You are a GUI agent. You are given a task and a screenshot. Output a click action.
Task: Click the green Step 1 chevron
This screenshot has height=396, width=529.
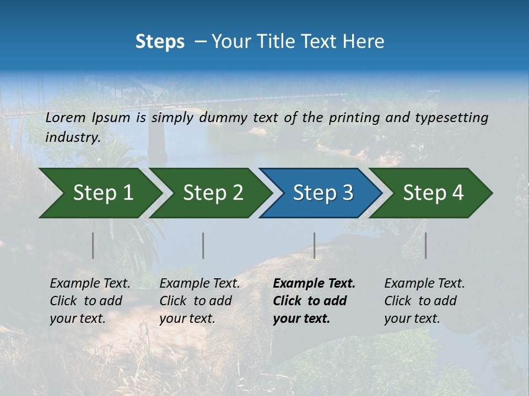click(x=102, y=193)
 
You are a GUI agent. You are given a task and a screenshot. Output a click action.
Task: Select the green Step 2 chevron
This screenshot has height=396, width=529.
click(x=213, y=193)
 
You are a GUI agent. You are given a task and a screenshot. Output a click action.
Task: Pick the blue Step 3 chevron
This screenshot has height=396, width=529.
click(x=322, y=193)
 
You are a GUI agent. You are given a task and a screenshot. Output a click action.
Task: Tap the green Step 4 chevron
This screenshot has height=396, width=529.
click(x=433, y=193)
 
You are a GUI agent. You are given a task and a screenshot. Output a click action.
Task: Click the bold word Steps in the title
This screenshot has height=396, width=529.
click(x=160, y=42)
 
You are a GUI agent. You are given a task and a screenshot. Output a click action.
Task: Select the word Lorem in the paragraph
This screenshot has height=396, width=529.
click(x=65, y=118)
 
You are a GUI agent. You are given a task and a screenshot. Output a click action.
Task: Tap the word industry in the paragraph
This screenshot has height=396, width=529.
click(x=72, y=137)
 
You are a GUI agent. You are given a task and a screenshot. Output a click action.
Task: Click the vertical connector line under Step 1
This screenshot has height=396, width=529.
click(x=93, y=245)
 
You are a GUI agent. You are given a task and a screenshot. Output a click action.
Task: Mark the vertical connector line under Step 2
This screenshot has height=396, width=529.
click(x=203, y=245)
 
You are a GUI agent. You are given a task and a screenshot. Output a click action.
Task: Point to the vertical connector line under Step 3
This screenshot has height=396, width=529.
click(x=314, y=245)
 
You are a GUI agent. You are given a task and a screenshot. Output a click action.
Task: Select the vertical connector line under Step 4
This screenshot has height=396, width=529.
click(x=425, y=245)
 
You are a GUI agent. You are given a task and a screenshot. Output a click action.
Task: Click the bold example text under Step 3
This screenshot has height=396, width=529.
click(x=314, y=301)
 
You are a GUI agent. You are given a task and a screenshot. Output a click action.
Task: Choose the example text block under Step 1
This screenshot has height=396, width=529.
click(x=90, y=301)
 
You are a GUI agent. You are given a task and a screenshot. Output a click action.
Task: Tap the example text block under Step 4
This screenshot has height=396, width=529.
click(x=424, y=301)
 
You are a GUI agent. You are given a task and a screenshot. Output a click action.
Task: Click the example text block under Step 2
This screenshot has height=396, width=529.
click(x=199, y=301)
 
